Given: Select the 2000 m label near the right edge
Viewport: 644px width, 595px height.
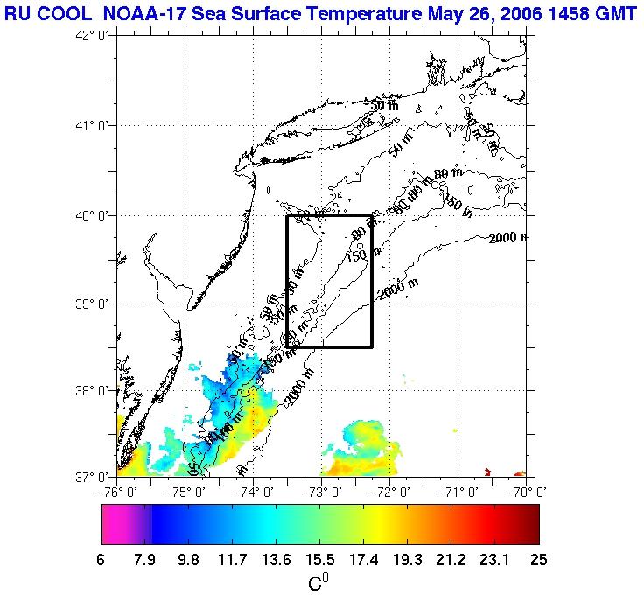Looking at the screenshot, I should [x=508, y=238].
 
